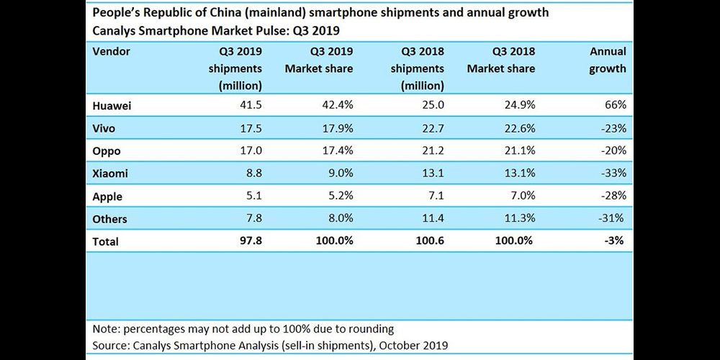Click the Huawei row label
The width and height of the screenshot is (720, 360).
[x=112, y=105]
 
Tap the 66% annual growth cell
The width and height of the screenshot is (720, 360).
[x=616, y=105]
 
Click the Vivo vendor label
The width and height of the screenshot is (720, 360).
[x=105, y=128]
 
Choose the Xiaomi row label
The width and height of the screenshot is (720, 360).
[x=111, y=174]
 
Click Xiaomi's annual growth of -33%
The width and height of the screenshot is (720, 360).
[x=613, y=174]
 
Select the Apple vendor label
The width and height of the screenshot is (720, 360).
[x=108, y=197]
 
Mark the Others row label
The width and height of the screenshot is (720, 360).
[x=110, y=219]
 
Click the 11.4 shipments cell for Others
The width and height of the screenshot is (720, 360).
[x=432, y=219]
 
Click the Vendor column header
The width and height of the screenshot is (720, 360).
[x=112, y=52]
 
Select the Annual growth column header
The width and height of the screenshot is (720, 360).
[x=608, y=60]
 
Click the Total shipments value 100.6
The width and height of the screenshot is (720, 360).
[x=429, y=242]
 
